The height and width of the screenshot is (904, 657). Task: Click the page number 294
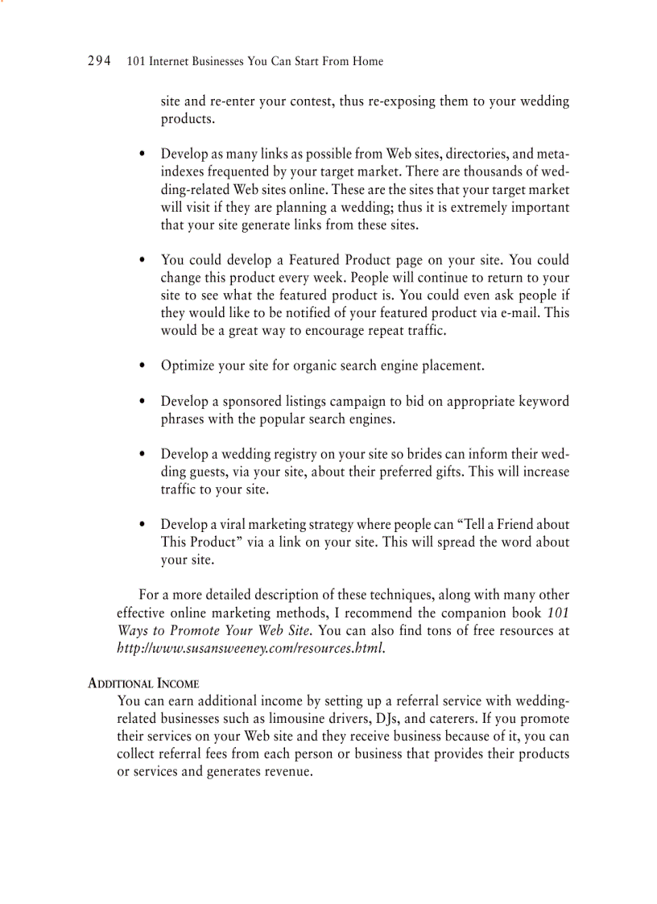(98, 61)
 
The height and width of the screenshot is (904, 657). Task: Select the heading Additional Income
(143, 683)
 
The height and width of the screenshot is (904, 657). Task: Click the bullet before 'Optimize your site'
(143, 366)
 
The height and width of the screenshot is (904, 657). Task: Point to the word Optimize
(187, 365)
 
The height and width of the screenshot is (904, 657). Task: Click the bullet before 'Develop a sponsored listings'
(143, 402)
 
